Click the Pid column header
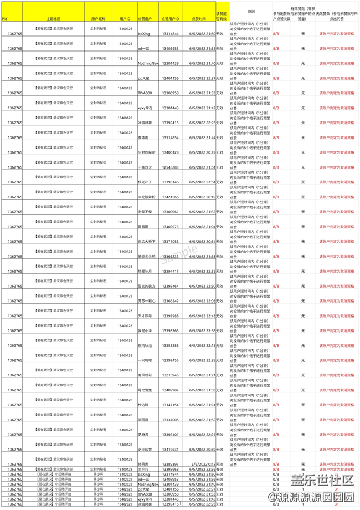pos(4,18)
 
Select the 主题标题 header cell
pos(53,18)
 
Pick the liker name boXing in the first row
pos(143,34)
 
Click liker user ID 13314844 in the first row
pos(170,34)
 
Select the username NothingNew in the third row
pos(148,63)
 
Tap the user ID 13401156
pos(170,78)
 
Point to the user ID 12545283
pos(170,167)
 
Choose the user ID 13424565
pos(170,197)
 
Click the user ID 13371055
pos(170,241)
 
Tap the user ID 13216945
pos(170,375)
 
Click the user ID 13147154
pos(170,405)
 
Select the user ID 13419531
pos(170,449)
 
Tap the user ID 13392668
pos(170,470)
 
